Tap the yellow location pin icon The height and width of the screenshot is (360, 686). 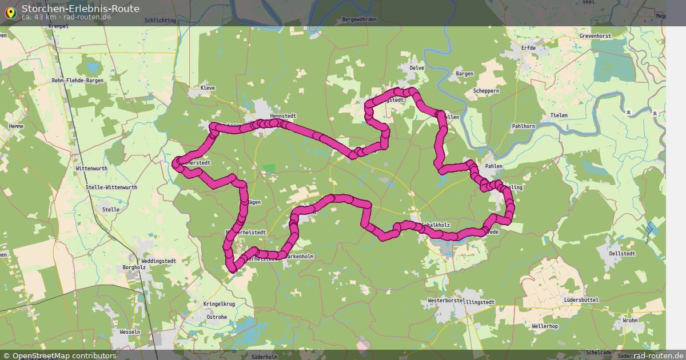pos(10,13)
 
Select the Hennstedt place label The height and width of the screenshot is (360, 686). pos(283,116)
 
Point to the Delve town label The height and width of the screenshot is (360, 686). pos(417,67)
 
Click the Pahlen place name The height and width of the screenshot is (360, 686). pos(493,166)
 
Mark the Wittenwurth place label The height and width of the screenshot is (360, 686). pos(91,169)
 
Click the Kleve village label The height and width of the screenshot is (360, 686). pos(208,88)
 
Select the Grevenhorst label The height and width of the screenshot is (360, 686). pos(595,35)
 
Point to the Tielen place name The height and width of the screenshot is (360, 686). pos(559,115)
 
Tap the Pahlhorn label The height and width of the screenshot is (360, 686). pos(523,126)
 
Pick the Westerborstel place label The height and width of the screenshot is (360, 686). pos(446,301)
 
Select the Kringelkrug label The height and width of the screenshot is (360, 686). pos(219,304)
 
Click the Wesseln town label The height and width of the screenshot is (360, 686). pos(130,332)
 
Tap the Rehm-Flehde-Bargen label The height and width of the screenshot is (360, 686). pos(78,81)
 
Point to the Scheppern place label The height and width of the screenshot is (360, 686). pos(486,91)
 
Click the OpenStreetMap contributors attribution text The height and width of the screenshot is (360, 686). pos(64,355)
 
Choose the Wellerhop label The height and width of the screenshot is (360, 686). pos(544,326)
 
